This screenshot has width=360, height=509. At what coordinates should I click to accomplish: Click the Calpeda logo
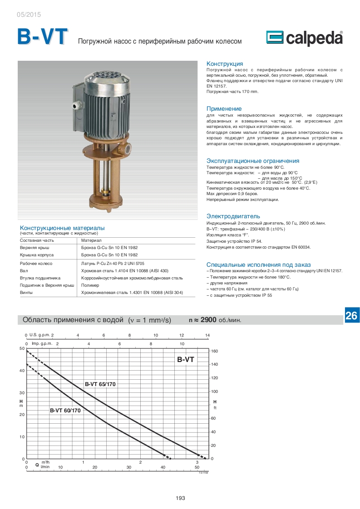304,39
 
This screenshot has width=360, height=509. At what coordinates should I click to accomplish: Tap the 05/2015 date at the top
29,15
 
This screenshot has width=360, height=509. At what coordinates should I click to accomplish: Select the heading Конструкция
225,64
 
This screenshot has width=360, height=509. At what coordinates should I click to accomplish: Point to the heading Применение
224,109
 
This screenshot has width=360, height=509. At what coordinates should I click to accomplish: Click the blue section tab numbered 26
351,316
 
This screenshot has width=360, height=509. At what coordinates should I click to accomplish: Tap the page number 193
180,498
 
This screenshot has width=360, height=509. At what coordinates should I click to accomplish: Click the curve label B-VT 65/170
100,384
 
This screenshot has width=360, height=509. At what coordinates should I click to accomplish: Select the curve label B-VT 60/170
65,411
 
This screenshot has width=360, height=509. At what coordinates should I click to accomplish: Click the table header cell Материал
91,240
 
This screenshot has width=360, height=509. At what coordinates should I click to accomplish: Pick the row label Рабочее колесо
36,264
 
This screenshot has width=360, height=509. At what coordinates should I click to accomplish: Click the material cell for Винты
132,293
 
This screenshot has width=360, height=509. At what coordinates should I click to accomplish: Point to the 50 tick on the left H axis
21,348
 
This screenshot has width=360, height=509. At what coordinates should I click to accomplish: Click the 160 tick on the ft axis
215,351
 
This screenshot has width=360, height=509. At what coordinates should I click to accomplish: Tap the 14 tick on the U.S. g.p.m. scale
207,335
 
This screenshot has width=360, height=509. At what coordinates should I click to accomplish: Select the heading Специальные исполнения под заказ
258,264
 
